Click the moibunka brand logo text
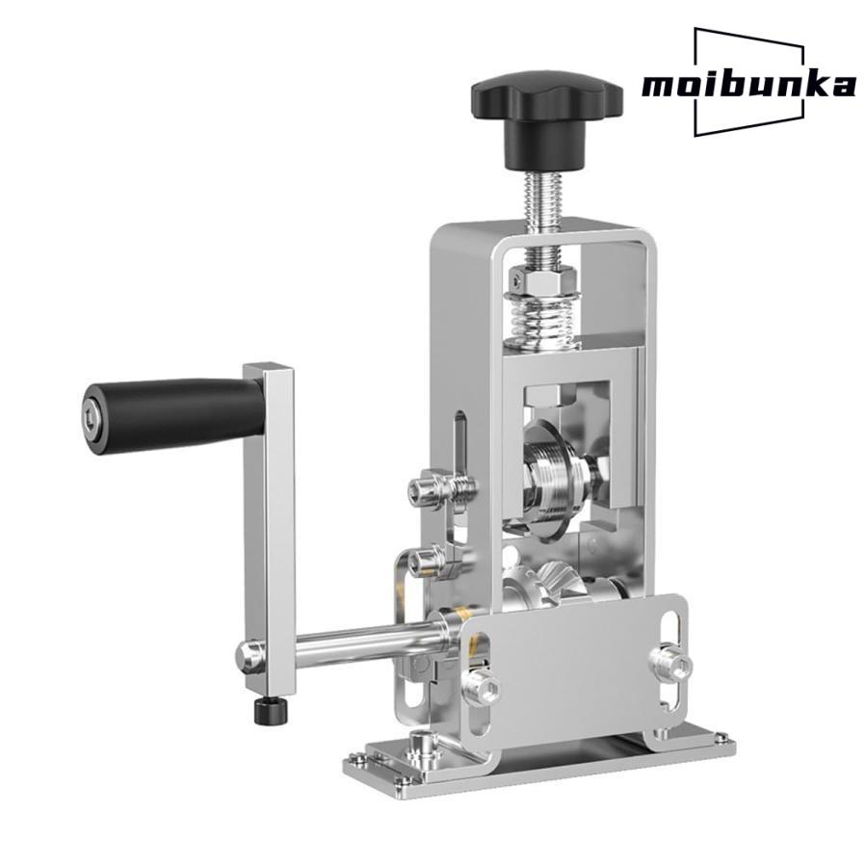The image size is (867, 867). click(749, 86)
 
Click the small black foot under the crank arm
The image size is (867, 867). click(271, 711)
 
